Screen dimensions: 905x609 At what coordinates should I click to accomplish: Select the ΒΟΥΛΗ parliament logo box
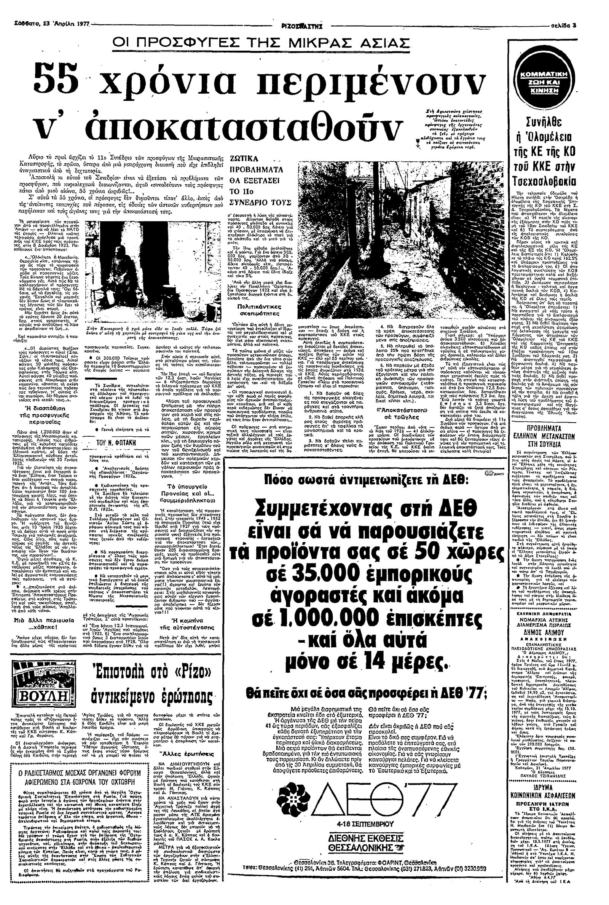pyautogui.click(x=37, y=665)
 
